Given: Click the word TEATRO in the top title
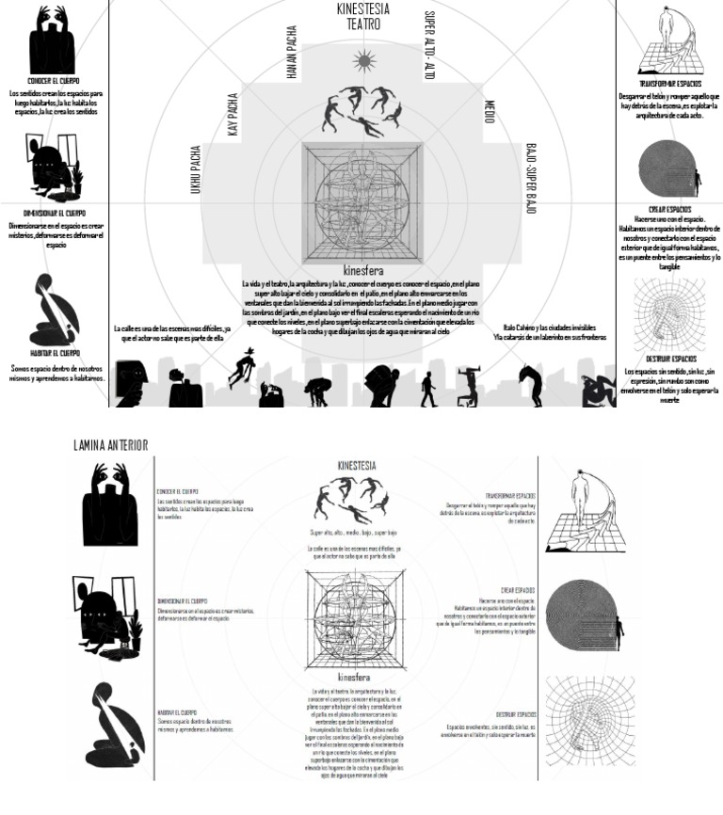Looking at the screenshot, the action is (362, 24).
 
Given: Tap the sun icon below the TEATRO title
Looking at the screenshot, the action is (364, 62).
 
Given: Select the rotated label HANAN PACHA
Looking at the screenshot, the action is (292, 52).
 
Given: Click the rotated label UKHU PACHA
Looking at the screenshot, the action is (197, 170).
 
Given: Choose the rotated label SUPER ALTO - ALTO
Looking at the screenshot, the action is (429, 44).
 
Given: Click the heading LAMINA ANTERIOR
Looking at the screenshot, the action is (110, 444).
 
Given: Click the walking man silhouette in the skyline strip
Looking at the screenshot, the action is (428, 389).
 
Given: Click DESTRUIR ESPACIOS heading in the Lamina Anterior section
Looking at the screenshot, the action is (516, 714).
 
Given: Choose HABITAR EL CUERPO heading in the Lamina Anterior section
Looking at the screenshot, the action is (177, 713).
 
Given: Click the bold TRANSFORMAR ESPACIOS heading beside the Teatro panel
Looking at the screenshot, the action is (669, 84).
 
